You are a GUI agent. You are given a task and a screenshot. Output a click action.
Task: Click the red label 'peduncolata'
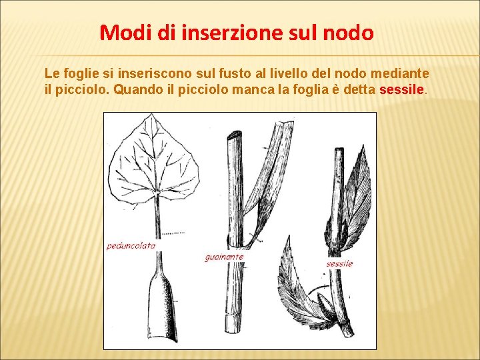[x=131, y=245]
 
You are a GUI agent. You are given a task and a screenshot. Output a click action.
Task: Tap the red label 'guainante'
[x=224, y=257]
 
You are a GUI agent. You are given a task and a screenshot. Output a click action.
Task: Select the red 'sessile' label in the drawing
[x=339, y=263]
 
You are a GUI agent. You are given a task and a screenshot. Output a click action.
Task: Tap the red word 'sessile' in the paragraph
[x=401, y=89]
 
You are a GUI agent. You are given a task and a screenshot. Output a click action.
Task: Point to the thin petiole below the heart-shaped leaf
[x=159, y=220]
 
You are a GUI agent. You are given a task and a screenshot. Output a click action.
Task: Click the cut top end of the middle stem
[x=234, y=136]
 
